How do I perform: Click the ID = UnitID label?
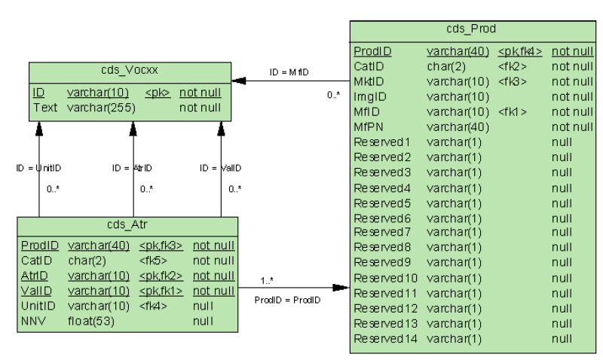37,167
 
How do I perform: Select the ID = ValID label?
219,167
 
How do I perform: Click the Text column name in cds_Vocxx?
45,108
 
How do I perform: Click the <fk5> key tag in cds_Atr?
148,260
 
